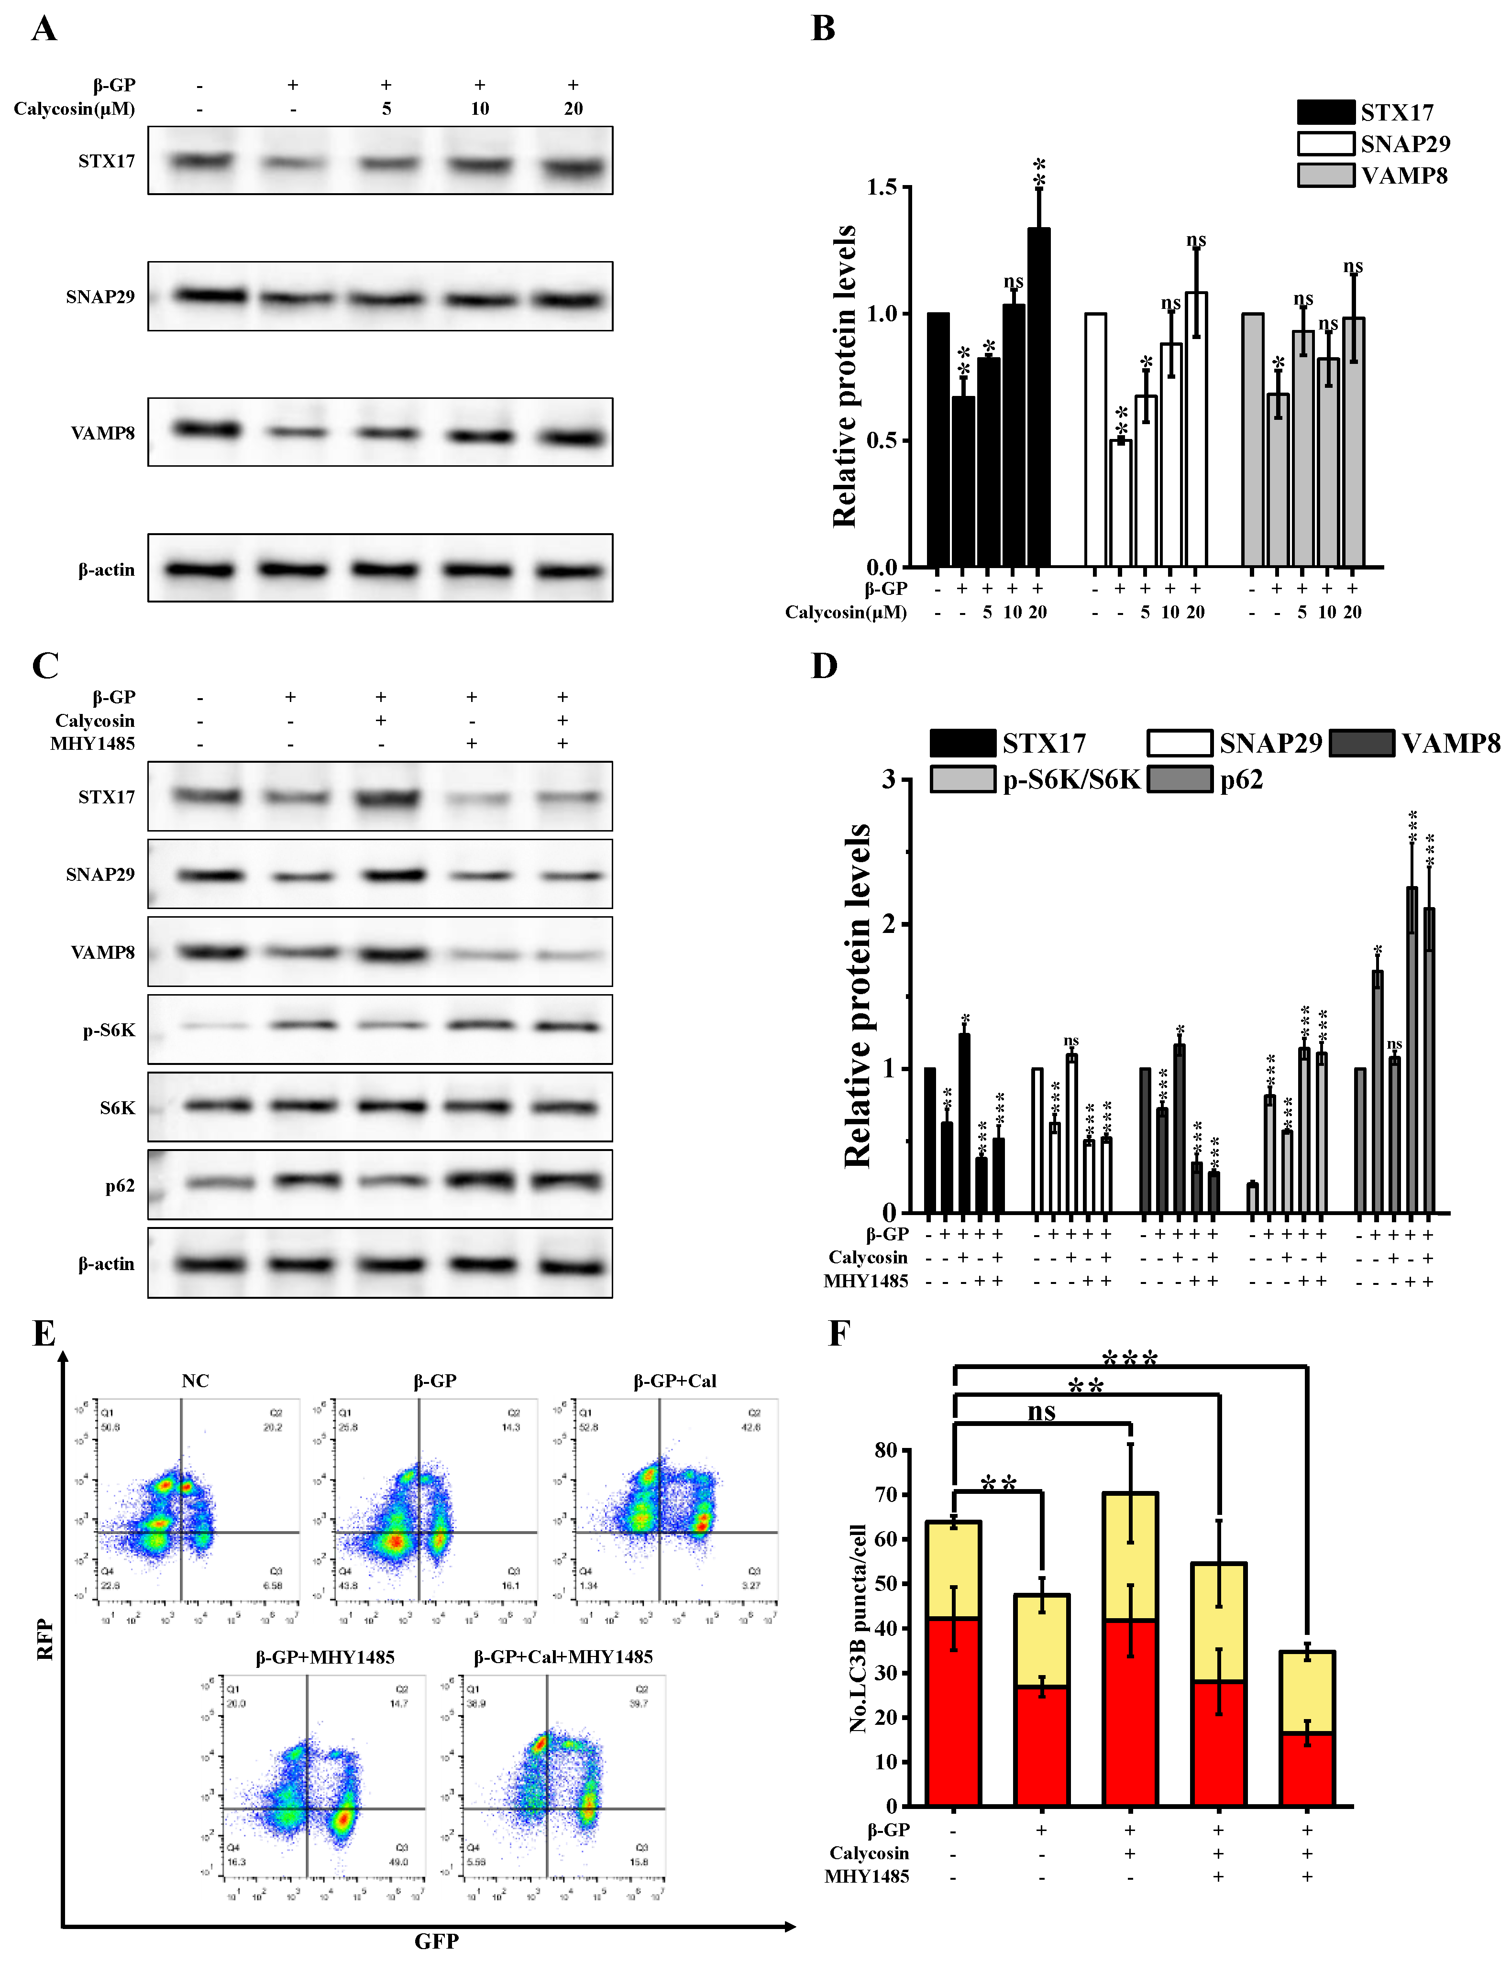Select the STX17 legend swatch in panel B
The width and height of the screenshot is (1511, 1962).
click(x=1325, y=112)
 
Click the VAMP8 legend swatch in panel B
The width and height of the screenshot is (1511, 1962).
click(x=1325, y=175)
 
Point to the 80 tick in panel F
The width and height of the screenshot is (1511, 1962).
click(x=886, y=1451)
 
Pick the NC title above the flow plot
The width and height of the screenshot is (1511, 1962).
click(x=195, y=1381)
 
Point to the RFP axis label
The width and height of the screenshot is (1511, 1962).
click(x=45, y=1640)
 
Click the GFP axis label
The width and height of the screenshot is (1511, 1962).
click(x=437, y=1940)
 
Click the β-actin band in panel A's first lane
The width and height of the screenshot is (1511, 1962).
click(x=199, y=570)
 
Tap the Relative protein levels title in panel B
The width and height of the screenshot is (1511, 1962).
click(x=844, y=375)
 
